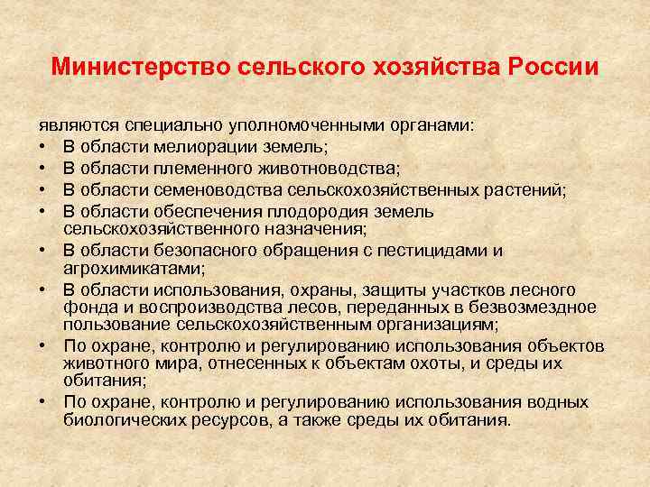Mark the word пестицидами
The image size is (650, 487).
point(432,251)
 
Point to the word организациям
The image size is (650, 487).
point(441,323)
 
